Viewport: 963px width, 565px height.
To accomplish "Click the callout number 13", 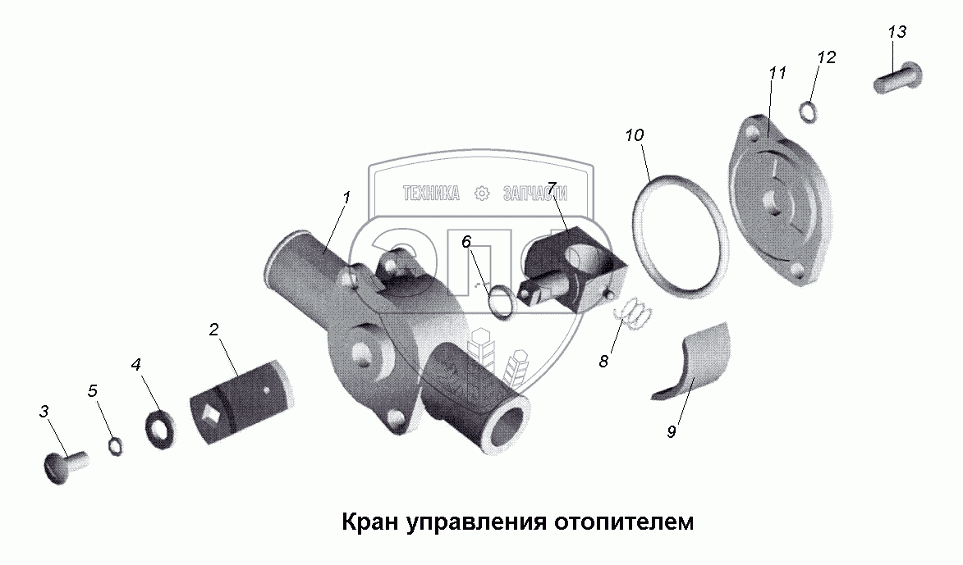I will coord(897,32).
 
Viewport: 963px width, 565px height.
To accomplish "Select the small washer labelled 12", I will coord(808,112).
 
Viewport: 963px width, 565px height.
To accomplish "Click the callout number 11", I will coord(777,73).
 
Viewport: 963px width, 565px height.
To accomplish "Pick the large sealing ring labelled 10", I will coord(681,239).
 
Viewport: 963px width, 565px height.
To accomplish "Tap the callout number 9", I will coord(671,431).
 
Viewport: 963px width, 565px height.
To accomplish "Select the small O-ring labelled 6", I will coord(500,301).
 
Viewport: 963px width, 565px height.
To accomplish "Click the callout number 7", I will coord(552,189).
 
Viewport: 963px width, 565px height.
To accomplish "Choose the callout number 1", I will coord(346,198).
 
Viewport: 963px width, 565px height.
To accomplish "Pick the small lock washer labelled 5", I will coord(116,445).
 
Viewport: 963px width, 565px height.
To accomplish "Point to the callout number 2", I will coord(213,330).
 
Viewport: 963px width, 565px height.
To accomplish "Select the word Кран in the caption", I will coord(369,522).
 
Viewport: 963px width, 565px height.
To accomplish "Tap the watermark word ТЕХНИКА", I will coord(431,194).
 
